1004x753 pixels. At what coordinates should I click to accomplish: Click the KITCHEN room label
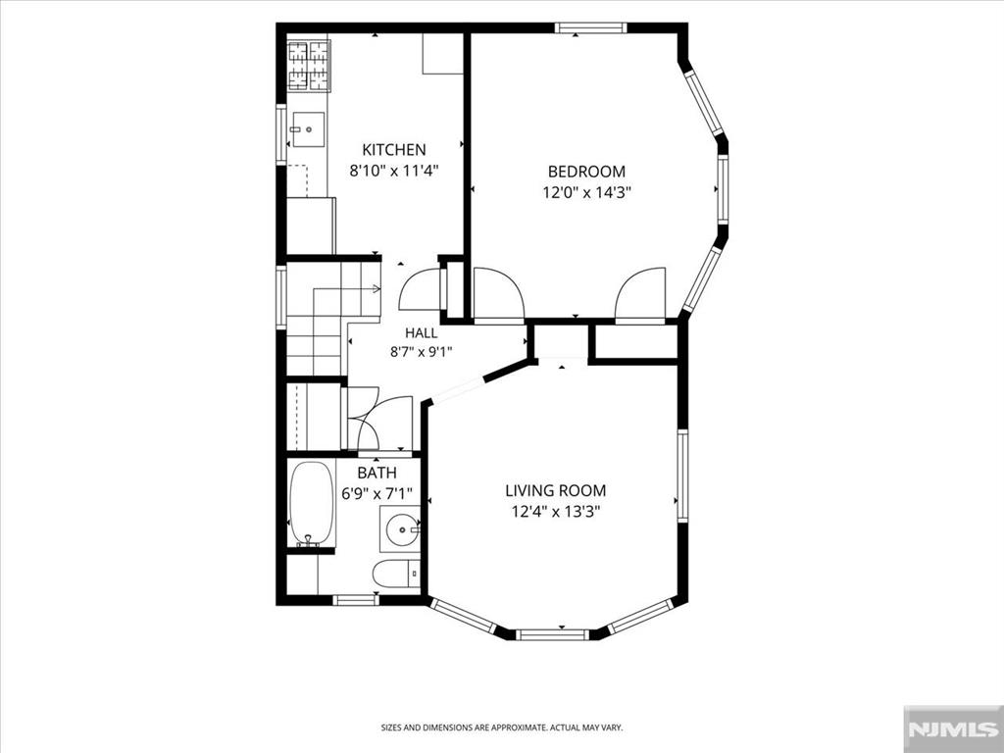click(394, 150)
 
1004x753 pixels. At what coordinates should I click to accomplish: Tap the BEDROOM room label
click(586, 172)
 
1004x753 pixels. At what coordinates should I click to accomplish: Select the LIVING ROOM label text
click(556, 491)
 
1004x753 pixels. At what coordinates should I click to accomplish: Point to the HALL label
click(422, 333)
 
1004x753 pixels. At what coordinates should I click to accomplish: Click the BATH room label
click(376, 474)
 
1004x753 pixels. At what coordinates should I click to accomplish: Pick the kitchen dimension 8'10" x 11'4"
click(394, 171)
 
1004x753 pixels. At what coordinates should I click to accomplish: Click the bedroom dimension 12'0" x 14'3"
click(587, 193)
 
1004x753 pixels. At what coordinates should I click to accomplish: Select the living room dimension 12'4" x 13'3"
click(556, 512)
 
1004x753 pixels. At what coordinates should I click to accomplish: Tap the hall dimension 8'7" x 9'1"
click(422, 352)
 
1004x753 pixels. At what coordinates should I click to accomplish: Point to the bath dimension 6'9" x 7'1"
click(376, 494)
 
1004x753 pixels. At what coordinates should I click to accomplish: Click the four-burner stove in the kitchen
click(308, 66)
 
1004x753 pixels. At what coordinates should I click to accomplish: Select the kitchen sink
click(308, 129)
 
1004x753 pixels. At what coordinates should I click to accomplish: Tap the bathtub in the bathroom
click(311, 504)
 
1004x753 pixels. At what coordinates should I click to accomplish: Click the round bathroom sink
click(401, 528)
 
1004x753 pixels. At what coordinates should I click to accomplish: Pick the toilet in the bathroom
click(396, 574)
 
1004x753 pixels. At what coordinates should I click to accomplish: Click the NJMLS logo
click(953, 729)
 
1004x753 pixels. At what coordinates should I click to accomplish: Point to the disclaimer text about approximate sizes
click(502, 728)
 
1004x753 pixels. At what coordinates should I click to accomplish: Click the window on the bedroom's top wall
click(590, 27)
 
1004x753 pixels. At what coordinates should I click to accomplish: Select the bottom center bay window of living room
click(552, 634)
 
